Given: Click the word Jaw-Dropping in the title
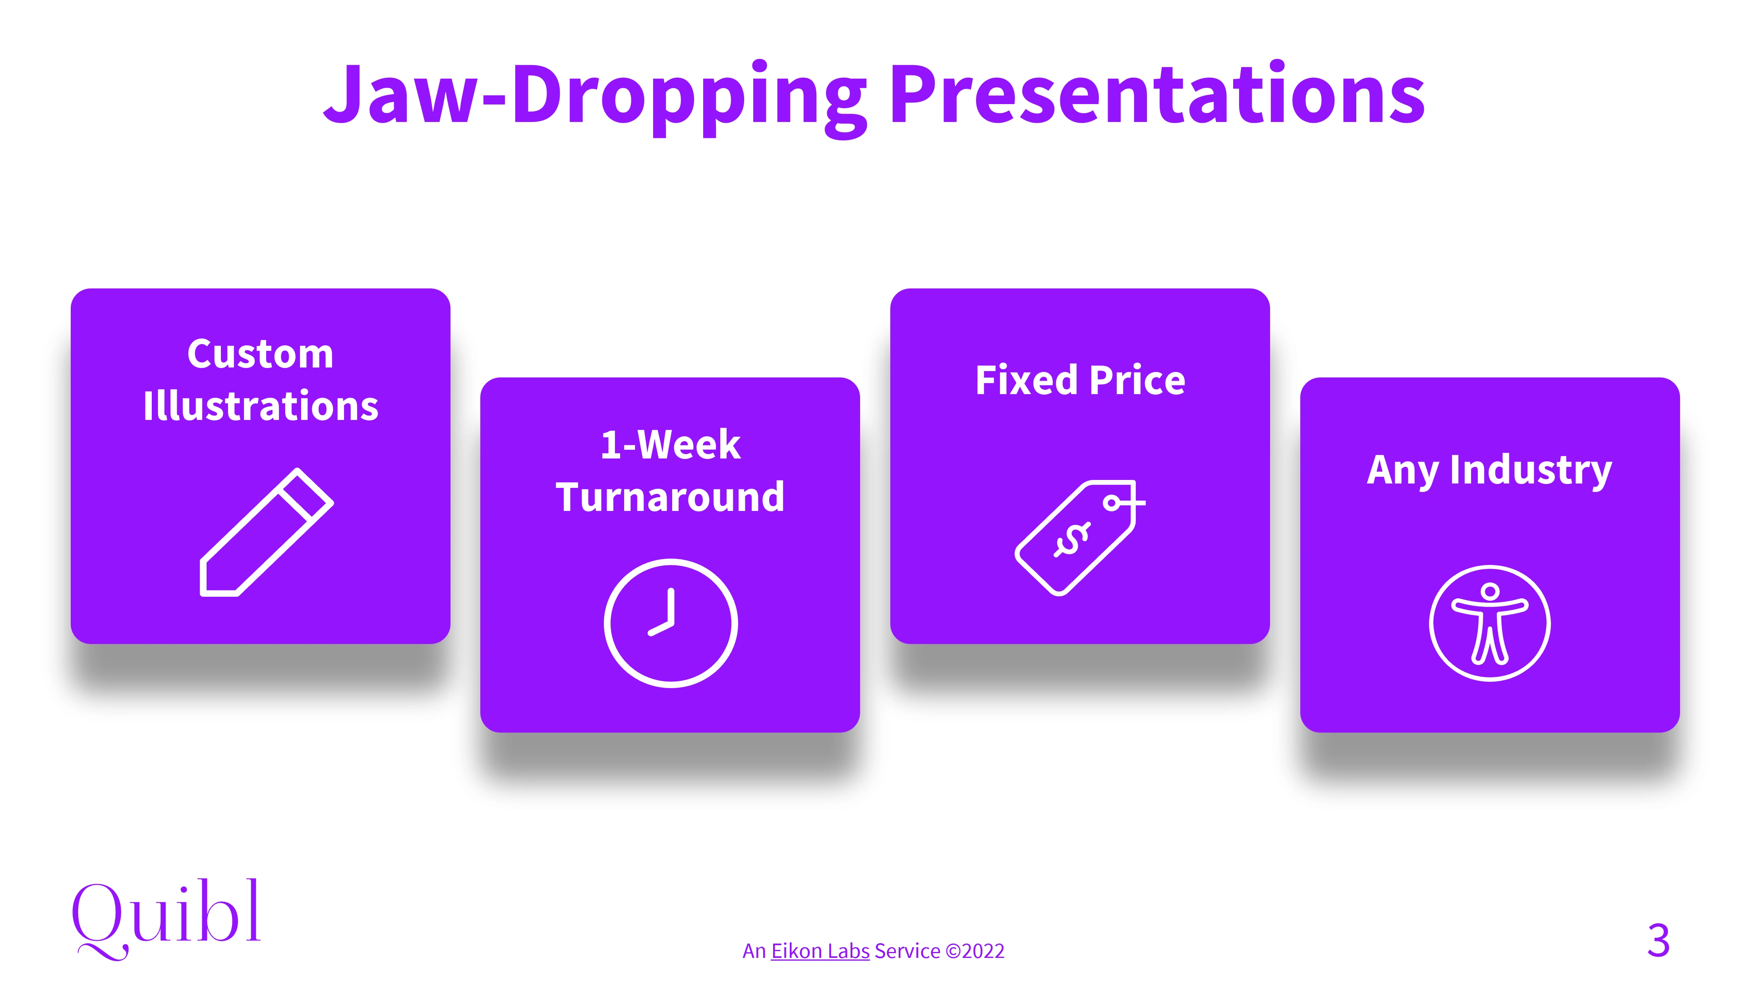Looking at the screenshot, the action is pyautogui.click(x=595, y=96).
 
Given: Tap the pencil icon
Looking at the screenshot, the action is pyautogui.click(x=267, y=532).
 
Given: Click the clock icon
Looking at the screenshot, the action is pyautogui.click(x=671, y=623).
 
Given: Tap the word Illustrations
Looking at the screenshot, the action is pyautogui.click(x=260, y=406).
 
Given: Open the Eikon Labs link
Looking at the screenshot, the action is pyautogui.click(x=820, y=951).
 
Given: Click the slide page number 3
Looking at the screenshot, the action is pyautogui.click(x=1658, y=940).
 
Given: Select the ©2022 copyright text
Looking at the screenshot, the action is pyautogui.click(x=975, y=951).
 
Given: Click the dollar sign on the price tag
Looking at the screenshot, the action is pyautogui.click(x=1072, y=540).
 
